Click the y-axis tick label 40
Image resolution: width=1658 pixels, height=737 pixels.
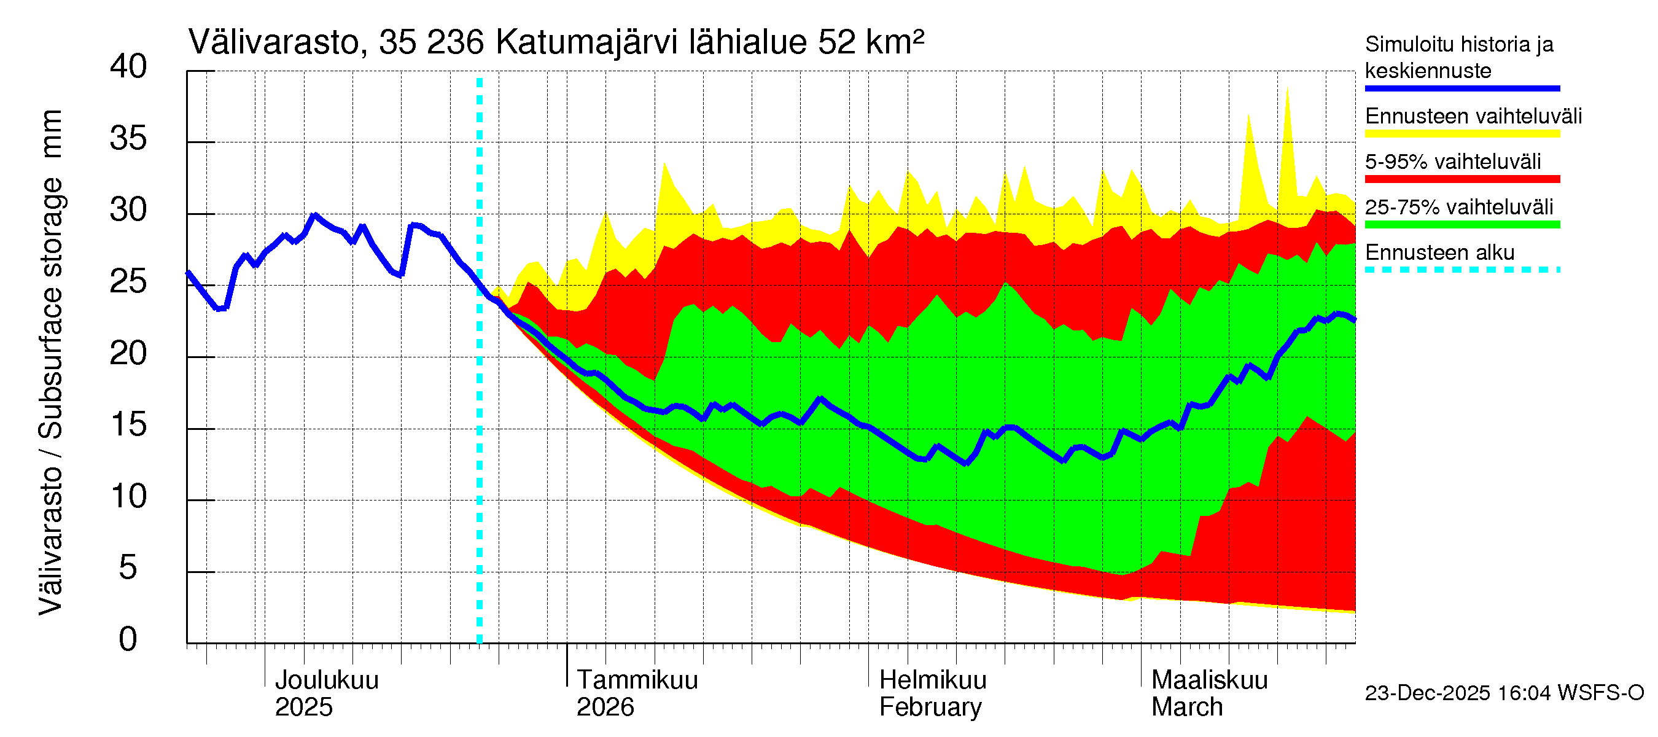click(x=128, y=67)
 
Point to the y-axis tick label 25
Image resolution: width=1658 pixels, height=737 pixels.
click(x=128, y=282)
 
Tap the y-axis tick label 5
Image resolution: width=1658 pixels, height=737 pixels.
click(x=128, y=568)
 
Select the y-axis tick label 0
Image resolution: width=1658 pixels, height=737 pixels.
click(x=128, y=640)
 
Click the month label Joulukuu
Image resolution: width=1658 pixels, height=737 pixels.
click(x=326, y=680)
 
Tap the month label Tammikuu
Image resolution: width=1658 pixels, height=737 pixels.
click(x=637, y=680)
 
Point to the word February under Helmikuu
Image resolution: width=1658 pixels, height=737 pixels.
click(x=930, y=708)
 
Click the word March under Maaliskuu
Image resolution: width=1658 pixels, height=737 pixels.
click(x=1187, y=708)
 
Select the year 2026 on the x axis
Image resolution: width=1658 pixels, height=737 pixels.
click(x=604, y=708)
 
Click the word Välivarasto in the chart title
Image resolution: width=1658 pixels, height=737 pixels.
click(x=273, y=42)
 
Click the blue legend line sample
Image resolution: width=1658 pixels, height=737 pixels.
click(x=1461, y=88)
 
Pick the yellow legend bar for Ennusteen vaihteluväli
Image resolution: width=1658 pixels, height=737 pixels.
click(x=1461, y=134)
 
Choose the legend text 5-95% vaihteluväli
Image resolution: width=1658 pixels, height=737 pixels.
click(x=1453, y=162)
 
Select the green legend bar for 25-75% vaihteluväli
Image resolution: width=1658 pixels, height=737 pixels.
click(x=1461, y=225)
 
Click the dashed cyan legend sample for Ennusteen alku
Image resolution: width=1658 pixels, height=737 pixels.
click(x=1461, y=270)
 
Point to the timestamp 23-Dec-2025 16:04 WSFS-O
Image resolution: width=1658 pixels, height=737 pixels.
click(x=1504, y=693)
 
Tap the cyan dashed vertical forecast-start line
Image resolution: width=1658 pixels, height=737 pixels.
click(x=480, y=386)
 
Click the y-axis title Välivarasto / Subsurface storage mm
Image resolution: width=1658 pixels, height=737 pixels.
click(x=51, y=362)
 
